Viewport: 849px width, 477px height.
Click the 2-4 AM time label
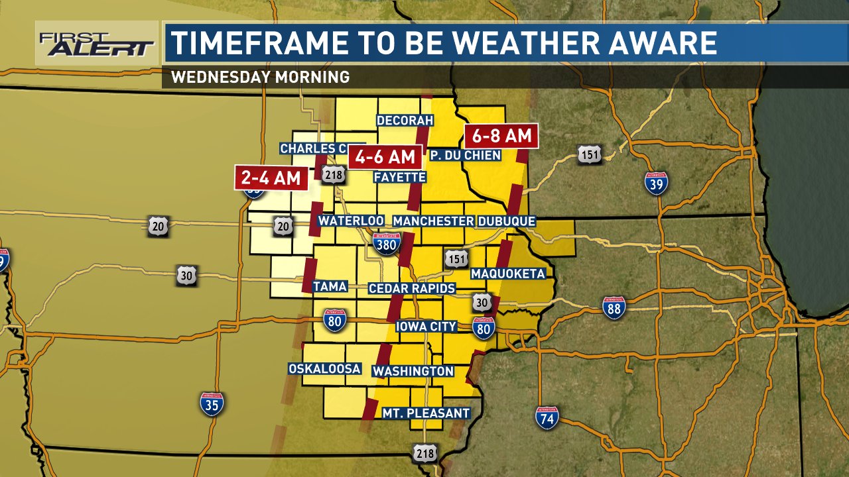tap(271, 178)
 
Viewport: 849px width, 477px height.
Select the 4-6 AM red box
tap(385, 157)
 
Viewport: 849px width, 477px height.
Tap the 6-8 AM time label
tap(501, 136)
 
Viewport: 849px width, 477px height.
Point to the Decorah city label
tap(405, 120)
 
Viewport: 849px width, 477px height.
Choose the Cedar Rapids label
tap(412, 288)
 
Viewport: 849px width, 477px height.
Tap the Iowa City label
tap(426, 326)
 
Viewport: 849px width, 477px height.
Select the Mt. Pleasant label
tap(426, 413)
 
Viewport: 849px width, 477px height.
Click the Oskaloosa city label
tap(324, 368)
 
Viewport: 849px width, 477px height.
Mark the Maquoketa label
tap(507, 274)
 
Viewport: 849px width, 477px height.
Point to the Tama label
tap(330, 286)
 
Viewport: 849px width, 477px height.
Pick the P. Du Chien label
tap(464, 154)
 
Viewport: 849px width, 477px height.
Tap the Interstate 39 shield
tap(655, 183)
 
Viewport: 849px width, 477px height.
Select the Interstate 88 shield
tap(614, 307)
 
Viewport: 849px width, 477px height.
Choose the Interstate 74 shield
tap(547, 417)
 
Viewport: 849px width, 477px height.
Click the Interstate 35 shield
tap(212, 403)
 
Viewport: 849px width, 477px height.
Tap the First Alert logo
tap(96, 44)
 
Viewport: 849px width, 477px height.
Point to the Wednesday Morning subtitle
tap(260, 77)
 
